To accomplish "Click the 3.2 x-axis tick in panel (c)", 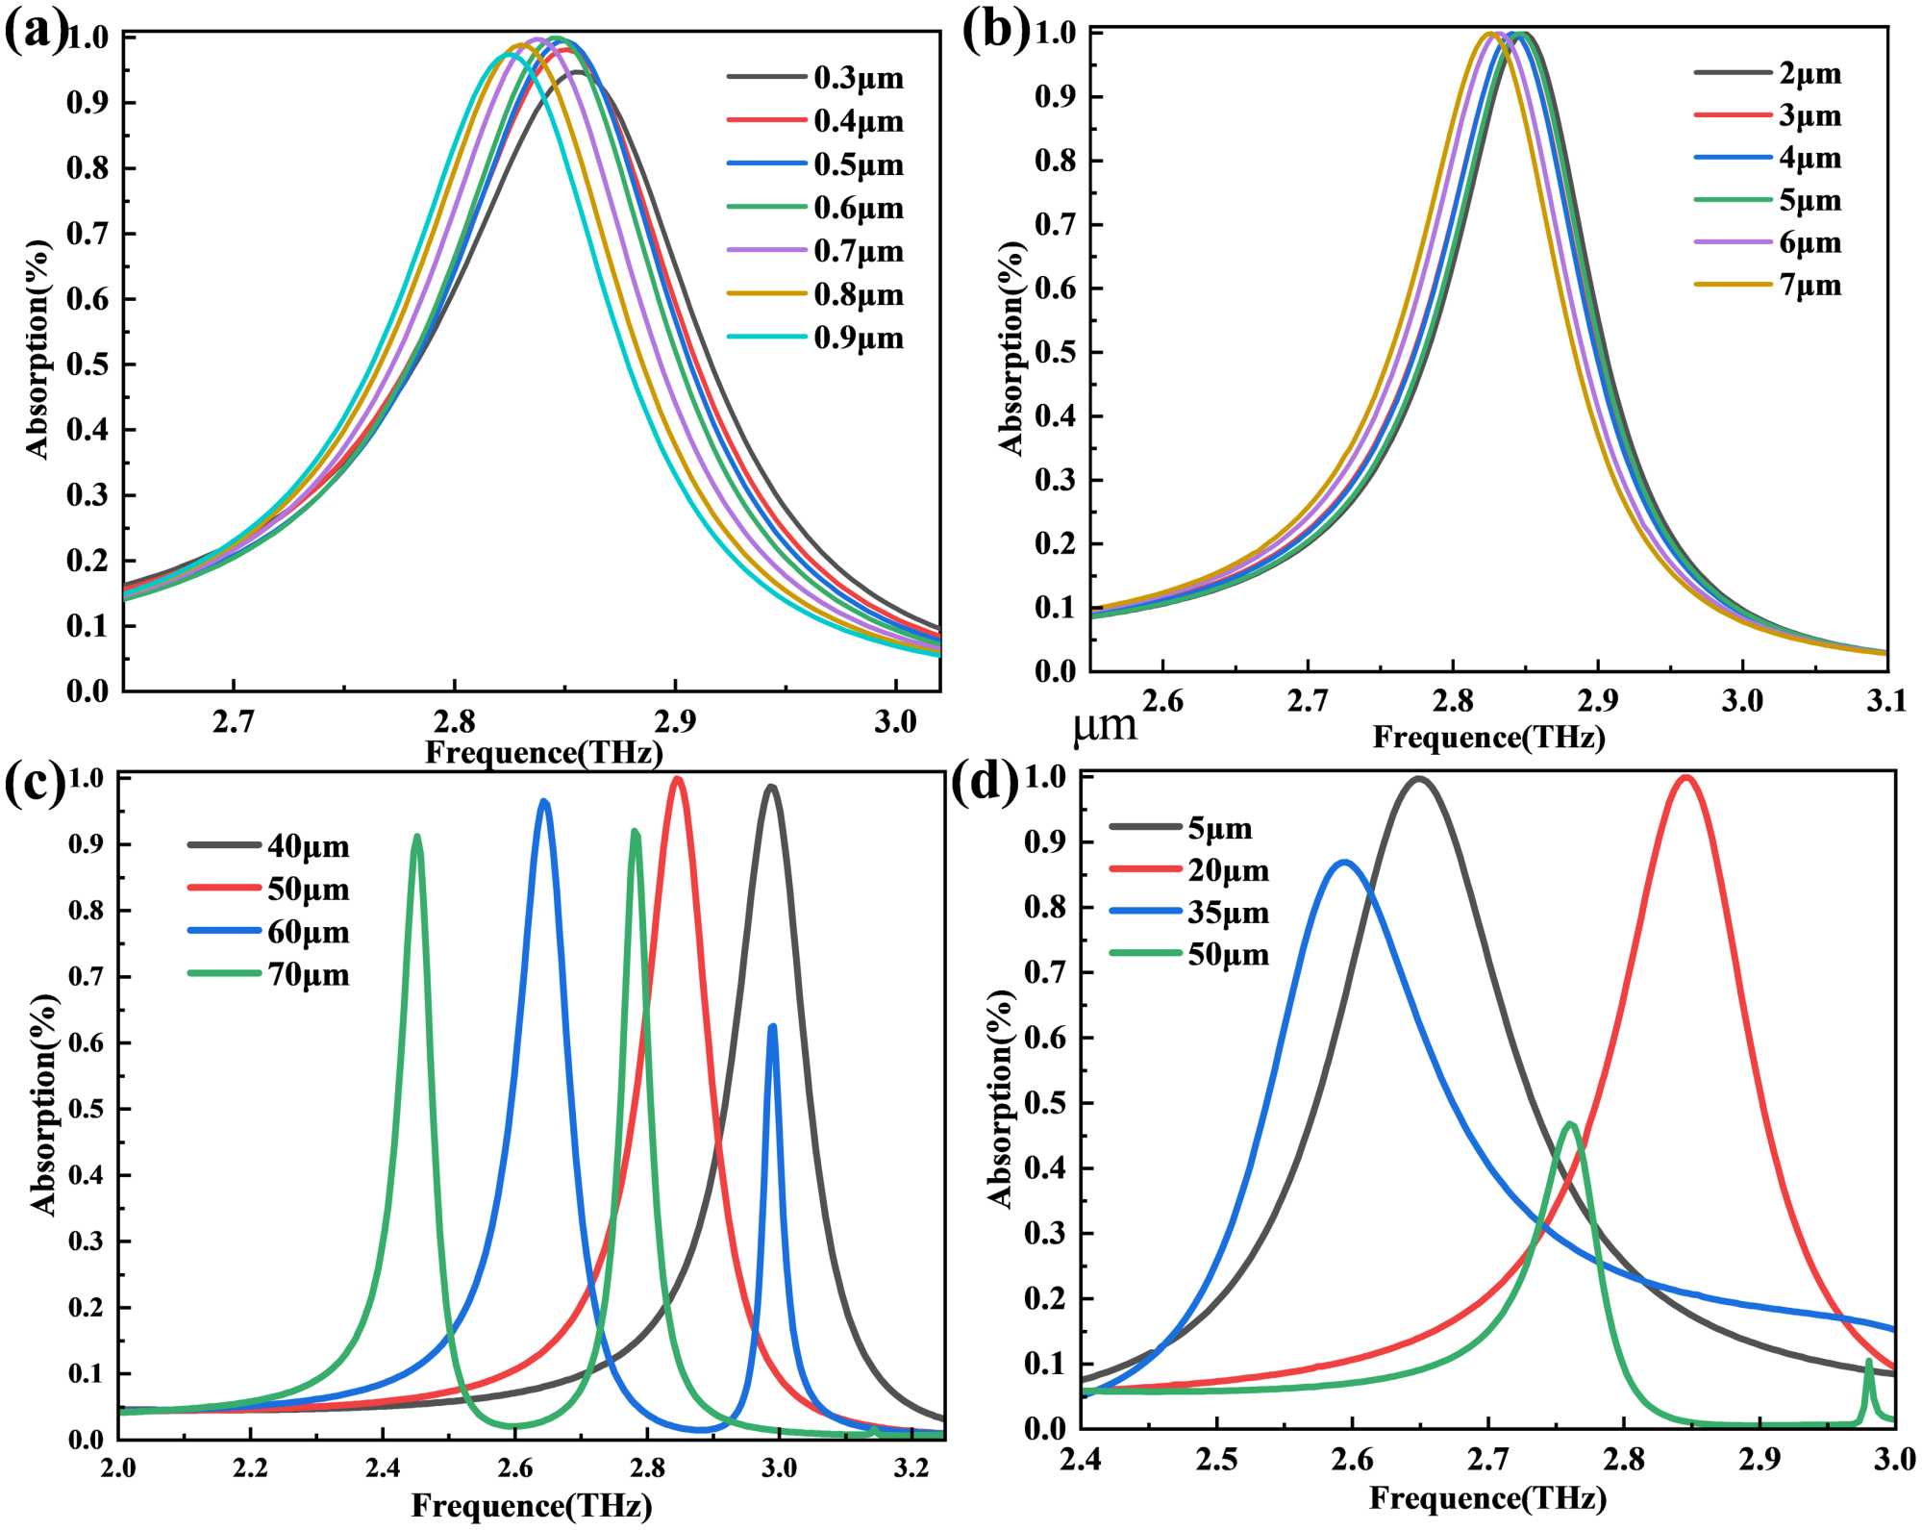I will (910, 1467).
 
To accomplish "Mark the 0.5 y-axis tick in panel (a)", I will (87, 364).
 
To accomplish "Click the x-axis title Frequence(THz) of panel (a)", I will (544, 752).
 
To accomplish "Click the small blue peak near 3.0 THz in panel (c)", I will (772, 1027).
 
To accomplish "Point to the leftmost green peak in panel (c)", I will (416, 837).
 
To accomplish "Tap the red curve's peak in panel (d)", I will (1685, 777).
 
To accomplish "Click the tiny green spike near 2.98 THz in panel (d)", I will (1869, 1361).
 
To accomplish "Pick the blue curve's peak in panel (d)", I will (1344, 862).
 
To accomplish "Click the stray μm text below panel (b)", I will (1105, 726).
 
